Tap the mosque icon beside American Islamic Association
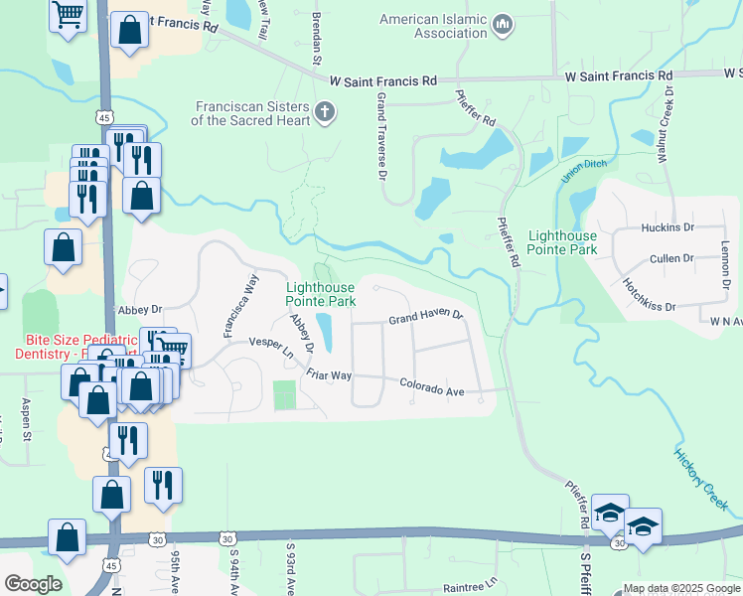click(x=503, y=23)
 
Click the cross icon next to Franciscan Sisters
click(x=324, y=113)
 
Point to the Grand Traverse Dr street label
click(x=381, y=137)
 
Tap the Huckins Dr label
click(x=668, y=227)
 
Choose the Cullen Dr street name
click(x=671, y=258)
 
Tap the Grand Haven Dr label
click(x=426, y=318)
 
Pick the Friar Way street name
click(x=329, y=374)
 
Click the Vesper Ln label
click(x=272, y=347)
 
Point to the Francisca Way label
click(x=240, y=306)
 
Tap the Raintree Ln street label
click(x=470, y=585)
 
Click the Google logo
click(x=33, y=583)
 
